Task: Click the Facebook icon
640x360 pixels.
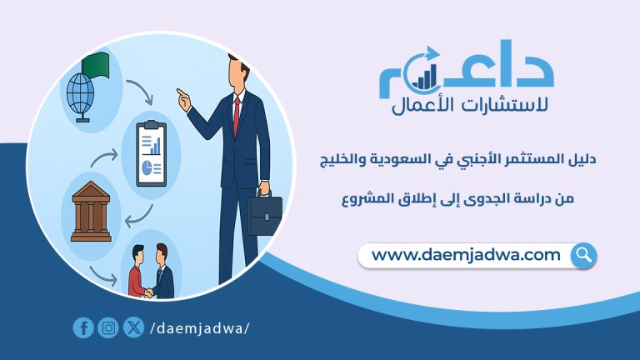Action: (82, 327)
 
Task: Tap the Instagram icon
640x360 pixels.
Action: (107, 327)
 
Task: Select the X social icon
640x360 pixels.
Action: (132, 327)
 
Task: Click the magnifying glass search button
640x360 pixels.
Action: (583, 255)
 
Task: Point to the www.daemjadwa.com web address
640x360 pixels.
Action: (466, 255)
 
